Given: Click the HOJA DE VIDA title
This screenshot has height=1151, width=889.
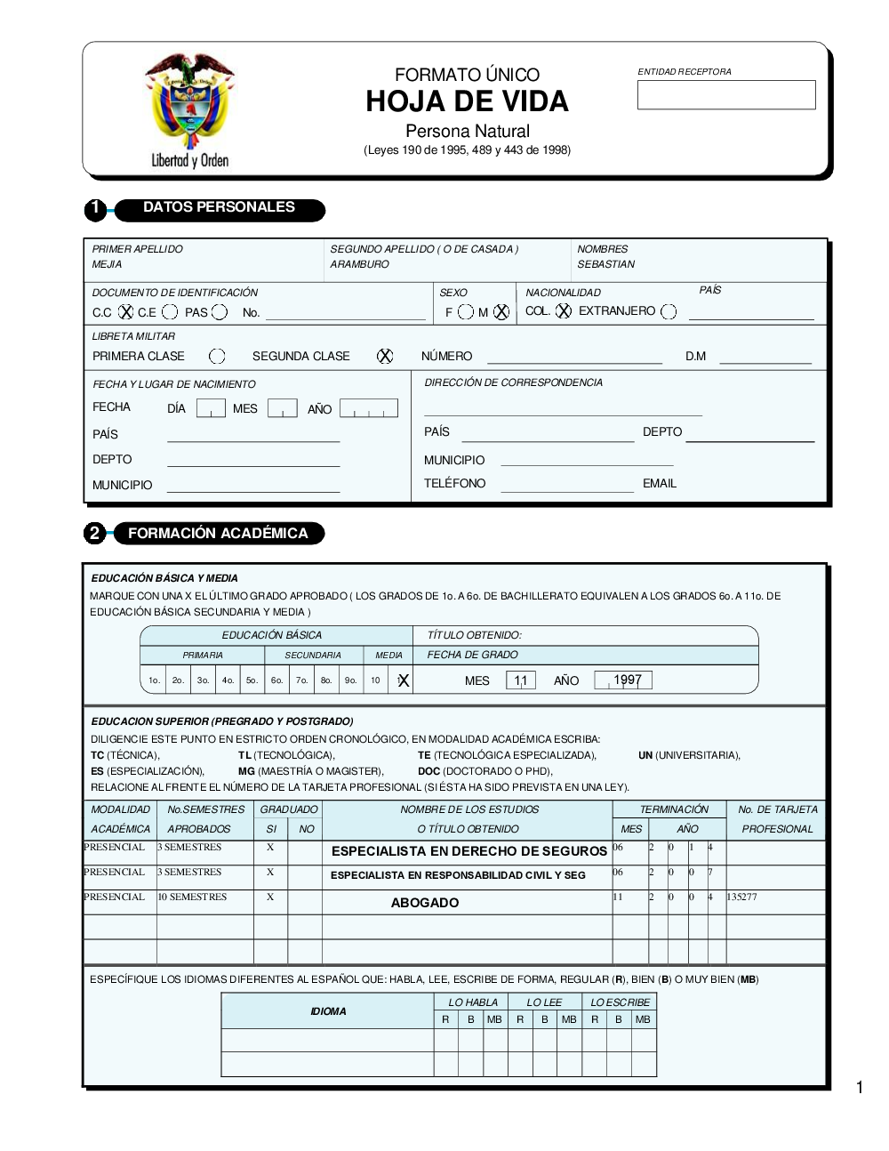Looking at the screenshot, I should [x=467, y=101].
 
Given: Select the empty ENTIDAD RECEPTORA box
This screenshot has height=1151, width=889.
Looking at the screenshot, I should [x=725, y=95].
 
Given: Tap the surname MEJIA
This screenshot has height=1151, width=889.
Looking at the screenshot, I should [x=108, y=264].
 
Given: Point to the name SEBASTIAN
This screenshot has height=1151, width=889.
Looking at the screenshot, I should [x=605, y=264].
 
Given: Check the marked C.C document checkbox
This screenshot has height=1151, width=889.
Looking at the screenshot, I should [x=126, y=311].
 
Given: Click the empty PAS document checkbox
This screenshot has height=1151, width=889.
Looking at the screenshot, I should [x=220, y=311].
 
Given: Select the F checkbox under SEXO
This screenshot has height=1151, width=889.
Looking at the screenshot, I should [x=466, y=312].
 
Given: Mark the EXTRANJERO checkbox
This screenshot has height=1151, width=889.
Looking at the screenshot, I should [x=669, y=311].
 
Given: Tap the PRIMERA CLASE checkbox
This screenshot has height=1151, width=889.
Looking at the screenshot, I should [x=217, y=356].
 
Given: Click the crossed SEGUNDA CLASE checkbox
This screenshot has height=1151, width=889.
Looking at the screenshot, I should [x=385, y=356].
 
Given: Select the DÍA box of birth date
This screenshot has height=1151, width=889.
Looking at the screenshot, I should [x=211, y=408].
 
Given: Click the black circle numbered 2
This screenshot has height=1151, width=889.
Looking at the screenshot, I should [x=94, y=534].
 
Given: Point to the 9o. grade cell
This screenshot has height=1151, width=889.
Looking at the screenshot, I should [x=350, y=680].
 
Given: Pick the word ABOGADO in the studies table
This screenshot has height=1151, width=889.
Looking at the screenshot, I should [x=425, y=903].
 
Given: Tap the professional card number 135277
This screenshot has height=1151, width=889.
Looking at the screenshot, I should [x=741, y=897].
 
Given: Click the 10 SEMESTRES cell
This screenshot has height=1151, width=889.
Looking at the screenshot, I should [x=192, y=897].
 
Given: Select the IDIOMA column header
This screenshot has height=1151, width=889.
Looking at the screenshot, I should [x=328, y=1011].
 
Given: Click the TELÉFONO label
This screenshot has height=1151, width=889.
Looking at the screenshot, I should [x=454, y=484].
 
